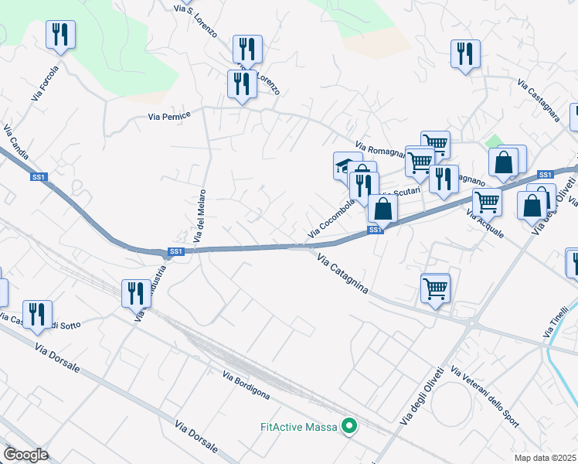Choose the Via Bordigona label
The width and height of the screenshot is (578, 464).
(x=246, y=386)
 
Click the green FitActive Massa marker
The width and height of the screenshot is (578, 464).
(x=349, y=425)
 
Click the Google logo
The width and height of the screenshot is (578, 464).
(x=25, y=455)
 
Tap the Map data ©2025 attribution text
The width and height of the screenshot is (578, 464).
(x=546, y=458)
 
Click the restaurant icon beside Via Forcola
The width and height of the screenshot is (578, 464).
(x=59, y=35)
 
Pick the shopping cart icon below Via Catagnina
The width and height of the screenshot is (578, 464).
(x=436, y=288)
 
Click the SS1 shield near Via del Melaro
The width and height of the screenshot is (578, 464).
(x=176, y=251)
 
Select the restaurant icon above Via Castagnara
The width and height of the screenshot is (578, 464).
(x=465, y=54)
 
